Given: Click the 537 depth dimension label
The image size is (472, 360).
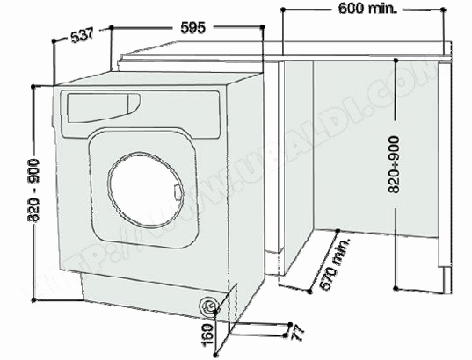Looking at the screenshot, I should tap(82, 35).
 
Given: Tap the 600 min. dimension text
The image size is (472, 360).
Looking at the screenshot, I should tap(368, 10).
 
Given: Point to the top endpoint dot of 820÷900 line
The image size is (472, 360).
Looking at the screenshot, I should tap(396, 60).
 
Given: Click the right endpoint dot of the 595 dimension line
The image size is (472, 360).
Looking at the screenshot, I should tap(263, 28).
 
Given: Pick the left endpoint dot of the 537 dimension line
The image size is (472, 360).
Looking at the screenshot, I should tap(55, 40).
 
